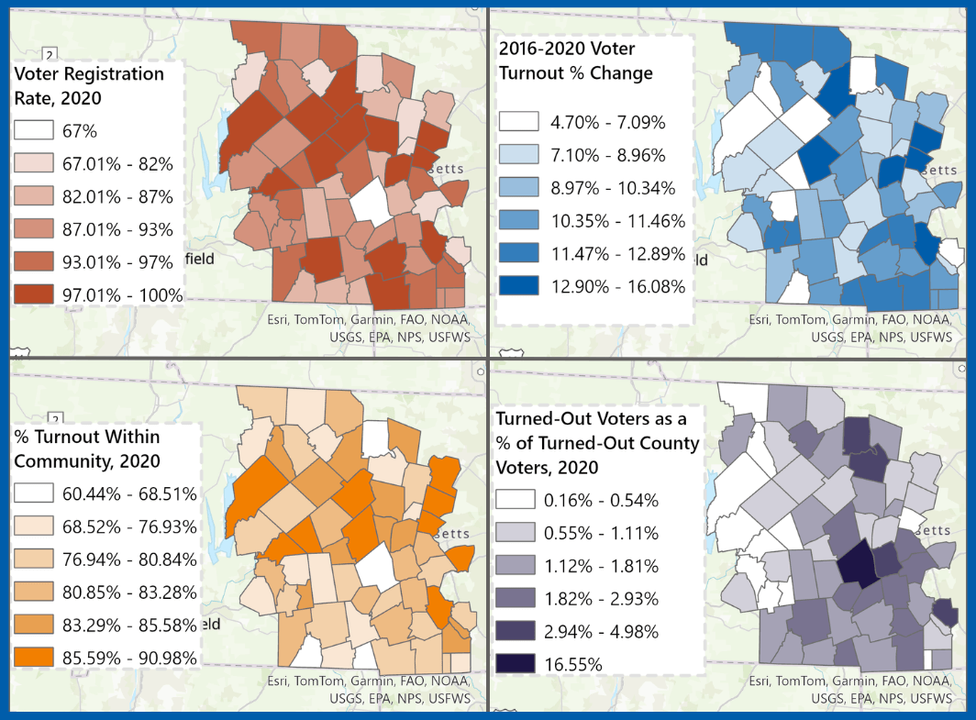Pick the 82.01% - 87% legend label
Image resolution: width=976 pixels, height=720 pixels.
tap(117, 196)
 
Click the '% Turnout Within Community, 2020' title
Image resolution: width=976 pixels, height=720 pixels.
tap(86, 449)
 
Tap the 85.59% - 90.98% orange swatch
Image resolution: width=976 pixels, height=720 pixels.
tap(36, 658)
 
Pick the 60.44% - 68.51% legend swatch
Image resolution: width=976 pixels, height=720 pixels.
tap(36, 493)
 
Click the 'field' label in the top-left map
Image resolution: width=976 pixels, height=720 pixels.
tap(199, 259)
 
